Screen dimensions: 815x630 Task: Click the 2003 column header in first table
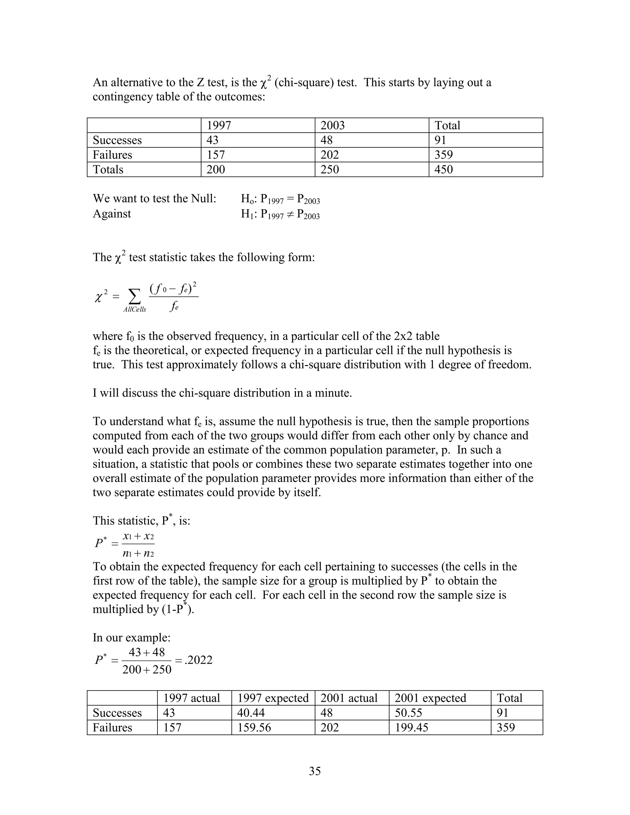click(x=332, y=125)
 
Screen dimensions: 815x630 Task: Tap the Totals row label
click(x=108, y=169)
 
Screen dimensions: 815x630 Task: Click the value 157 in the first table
click(x=215, y=155)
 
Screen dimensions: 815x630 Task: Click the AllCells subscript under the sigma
click(x=135, y=309)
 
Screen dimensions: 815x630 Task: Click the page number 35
click(x=315, y=771)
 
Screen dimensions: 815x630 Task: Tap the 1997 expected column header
click(x=273, y=698)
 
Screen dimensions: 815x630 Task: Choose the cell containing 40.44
click(x=251, y=713)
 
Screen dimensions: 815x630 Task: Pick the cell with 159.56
click(x=254, y=727)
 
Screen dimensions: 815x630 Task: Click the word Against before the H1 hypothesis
click(x=112, y=214)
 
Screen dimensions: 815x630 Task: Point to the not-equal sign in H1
click(x=290, y=214)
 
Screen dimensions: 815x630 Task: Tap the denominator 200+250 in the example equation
click(x=147, y=670)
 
